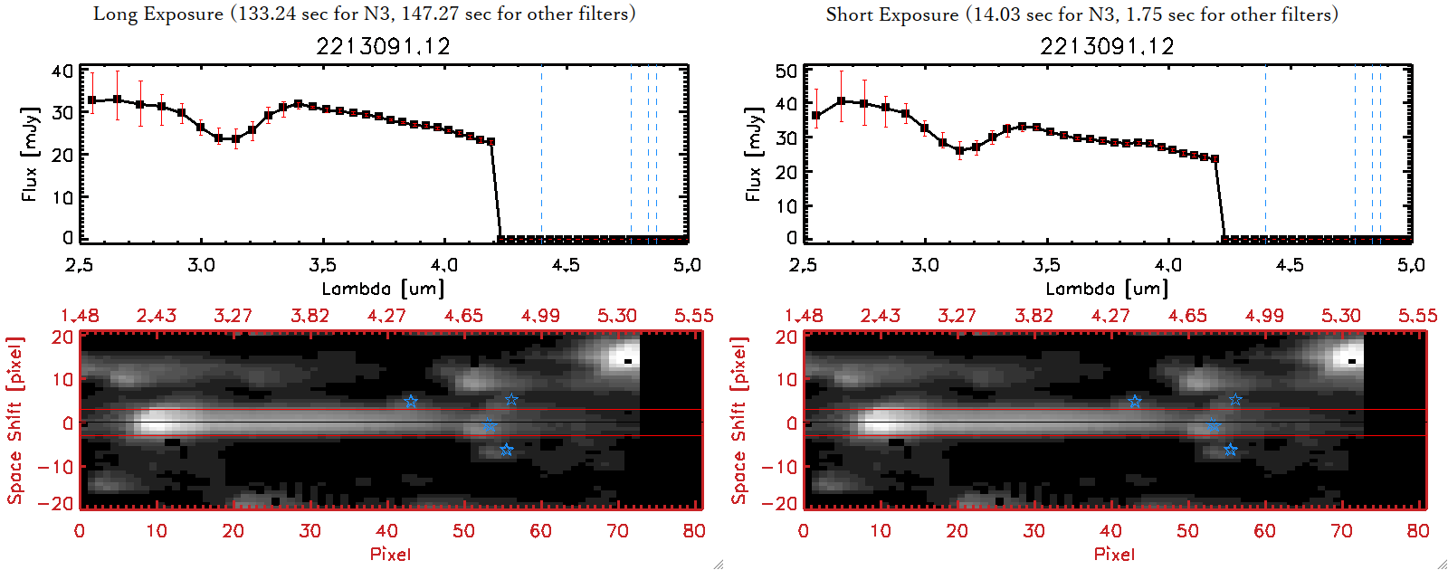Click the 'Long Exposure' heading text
pos(158,14)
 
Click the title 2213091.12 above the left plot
pos(383,46)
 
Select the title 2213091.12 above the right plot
pos(1107,46)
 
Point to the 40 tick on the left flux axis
pos(62,71)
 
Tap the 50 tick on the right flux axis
pos(786,71)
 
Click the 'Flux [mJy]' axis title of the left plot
pos(30,154)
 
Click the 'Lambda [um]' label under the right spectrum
pos(1107,289)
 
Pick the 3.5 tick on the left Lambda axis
pos(322,265)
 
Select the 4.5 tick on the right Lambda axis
pos(1290,265)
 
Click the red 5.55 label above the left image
pos(693,316)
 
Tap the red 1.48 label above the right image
pos(804,316)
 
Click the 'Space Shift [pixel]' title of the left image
pos(15,421)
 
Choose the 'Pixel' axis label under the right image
pos(1114,554)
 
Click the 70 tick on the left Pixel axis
pos(617,531)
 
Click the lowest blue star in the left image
pos(506,450)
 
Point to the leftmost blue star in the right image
pos(1135,401)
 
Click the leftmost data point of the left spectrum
pos(91,100)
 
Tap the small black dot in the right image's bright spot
pos(1352,361)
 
